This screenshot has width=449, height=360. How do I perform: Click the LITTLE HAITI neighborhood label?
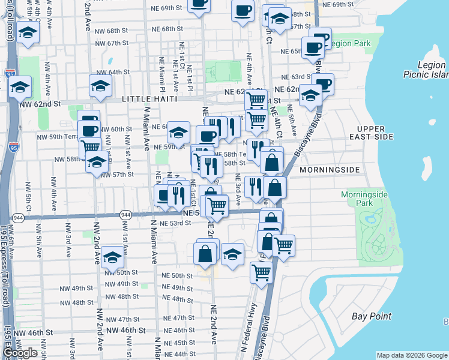click(149, 98)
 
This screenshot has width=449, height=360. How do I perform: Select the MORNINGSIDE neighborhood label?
click(330, 170)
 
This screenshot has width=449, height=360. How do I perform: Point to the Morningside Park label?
click(364, 199)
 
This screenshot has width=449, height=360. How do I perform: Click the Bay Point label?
click(371, 316)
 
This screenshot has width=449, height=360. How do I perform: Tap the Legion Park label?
click(351, 44)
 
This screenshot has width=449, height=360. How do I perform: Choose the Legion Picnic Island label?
click(424, 70)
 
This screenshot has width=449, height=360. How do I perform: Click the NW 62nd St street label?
click(40, 104)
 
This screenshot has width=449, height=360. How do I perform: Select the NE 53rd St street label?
click(175, 223)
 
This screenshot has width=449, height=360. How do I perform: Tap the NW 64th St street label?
click(112, 72)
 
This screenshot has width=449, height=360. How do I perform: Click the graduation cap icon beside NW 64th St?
click(101, 85)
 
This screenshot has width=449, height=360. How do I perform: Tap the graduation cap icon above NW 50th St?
click(112, 257)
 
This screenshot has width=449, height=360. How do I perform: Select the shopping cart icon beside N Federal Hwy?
click(262, 271)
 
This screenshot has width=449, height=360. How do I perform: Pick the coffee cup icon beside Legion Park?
click(313, 47)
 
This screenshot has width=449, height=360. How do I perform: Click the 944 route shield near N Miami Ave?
click(125, 215)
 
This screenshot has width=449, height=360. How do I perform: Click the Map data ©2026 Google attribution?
click(411, 355)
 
